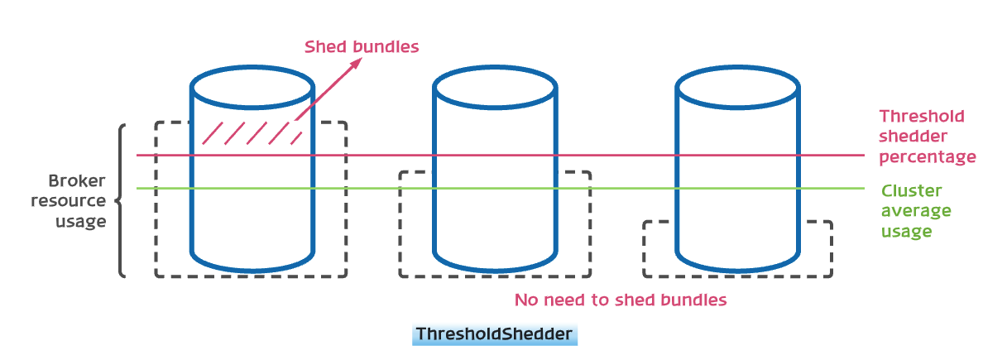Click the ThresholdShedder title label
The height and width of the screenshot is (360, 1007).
click(494, 334)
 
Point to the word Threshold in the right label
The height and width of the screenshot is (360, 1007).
click(921, 116)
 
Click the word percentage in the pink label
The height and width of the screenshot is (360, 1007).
click(927, 156)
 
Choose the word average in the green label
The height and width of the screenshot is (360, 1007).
click(915, 211)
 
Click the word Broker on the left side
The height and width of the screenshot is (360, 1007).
click(77, 180)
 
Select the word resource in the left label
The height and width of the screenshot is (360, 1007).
click(75, 200)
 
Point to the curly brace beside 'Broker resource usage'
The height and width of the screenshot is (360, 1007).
click(119, 200)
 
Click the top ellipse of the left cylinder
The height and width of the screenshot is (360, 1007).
click(252, 85)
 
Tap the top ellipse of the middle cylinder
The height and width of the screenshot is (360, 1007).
click(495, 85)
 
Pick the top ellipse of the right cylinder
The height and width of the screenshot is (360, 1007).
click(738, 85)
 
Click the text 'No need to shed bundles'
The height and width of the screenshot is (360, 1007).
click(620, 300)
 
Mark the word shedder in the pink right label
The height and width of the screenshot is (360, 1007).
click(913, 136)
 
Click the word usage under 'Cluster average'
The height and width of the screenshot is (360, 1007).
click(906, 231)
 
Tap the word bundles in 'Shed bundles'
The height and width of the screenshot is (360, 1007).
click(386, 46)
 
